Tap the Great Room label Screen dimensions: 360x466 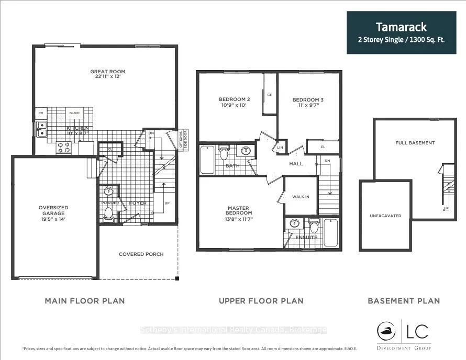108,72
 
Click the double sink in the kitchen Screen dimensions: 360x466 40,129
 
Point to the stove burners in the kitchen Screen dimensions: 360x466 63,149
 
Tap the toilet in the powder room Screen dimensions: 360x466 109,213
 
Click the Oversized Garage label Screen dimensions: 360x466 53,211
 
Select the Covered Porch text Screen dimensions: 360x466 141,254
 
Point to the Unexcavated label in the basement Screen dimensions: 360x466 385,215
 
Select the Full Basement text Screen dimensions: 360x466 415,143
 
